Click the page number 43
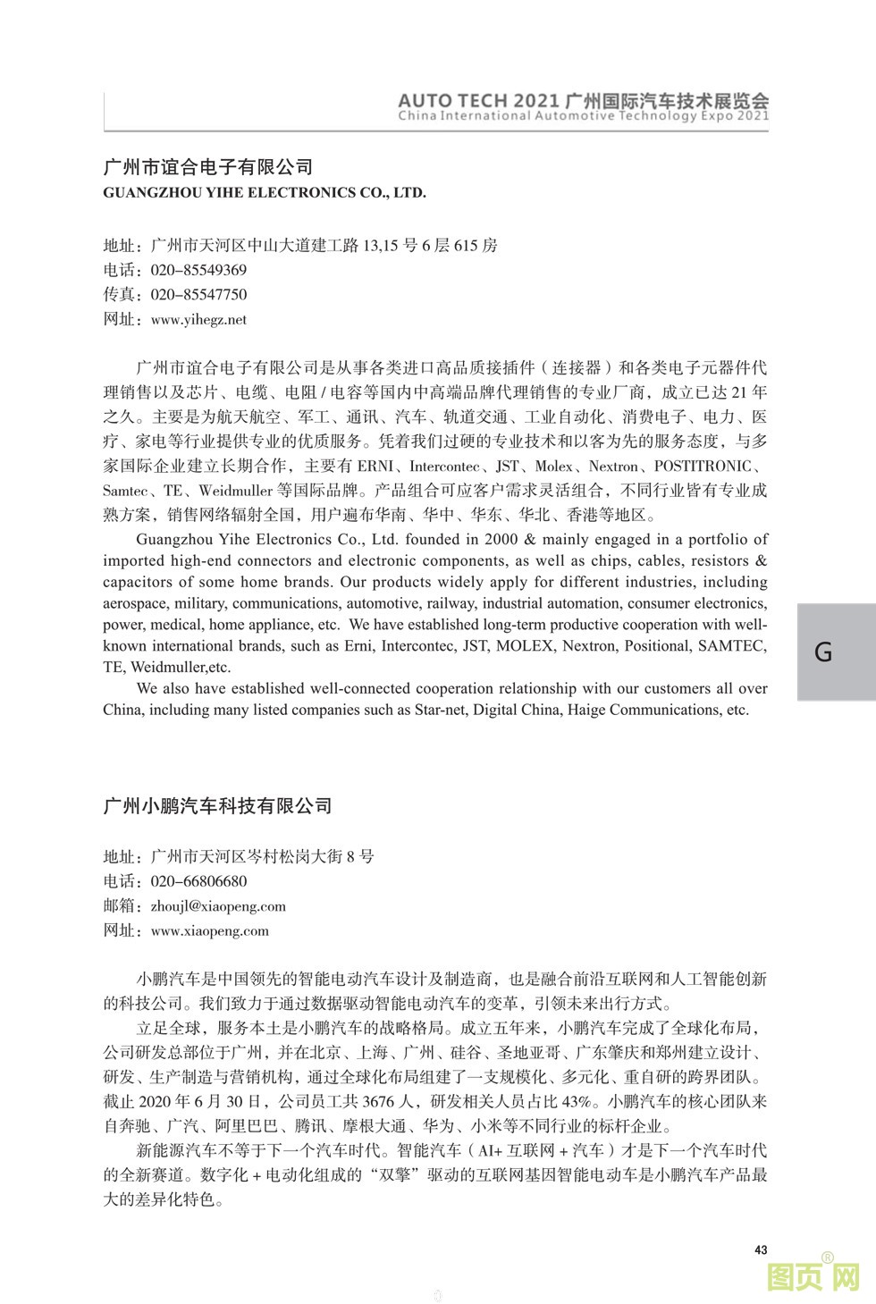click(761, 1249)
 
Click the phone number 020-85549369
click(198, 270)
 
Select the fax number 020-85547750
click(198, 295)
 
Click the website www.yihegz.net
click(198, 319)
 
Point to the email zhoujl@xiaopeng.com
click(218, 905)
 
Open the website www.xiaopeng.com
click(210, 930)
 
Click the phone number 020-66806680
click(198, 881)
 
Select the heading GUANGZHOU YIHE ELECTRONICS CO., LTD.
click(265, 192)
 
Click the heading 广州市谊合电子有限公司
click(208, 166)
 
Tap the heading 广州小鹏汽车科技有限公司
click(217, 805)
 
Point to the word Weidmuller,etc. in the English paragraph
click(181, 667)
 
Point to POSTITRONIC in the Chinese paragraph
click(703, 466)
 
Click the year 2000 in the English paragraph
click(501, 539)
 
